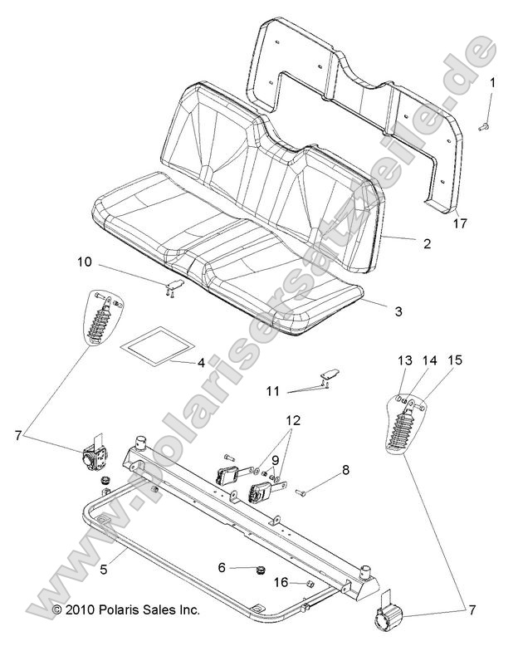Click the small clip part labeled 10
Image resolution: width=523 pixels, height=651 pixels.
174,286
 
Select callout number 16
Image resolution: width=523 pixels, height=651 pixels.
282,583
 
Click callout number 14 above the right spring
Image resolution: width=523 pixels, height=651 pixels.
428,360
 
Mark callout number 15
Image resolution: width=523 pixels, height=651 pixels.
454,360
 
